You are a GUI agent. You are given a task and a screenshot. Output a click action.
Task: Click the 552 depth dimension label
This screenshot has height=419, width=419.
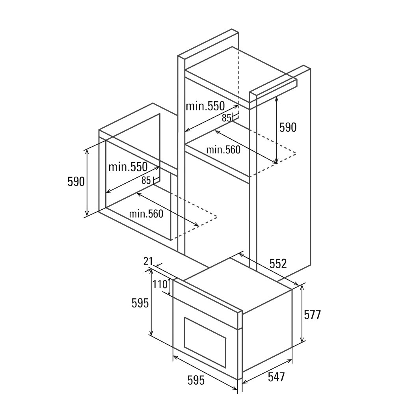[x=278, y=263]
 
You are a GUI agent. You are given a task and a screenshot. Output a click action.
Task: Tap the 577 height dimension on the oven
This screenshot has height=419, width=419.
[x=312, y=315]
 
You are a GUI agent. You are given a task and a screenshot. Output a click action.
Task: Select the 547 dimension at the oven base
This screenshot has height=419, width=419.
[x=276, y=377]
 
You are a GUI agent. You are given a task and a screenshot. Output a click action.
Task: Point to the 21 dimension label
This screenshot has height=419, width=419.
[x=148, y=261]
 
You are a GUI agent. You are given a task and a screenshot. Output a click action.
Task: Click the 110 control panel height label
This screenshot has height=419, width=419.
[x=160, y=284]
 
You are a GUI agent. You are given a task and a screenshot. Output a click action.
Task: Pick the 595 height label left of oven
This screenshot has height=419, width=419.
[x=140, y=303]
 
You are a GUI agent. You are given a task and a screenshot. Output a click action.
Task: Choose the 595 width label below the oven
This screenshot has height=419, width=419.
[x=196, y=380]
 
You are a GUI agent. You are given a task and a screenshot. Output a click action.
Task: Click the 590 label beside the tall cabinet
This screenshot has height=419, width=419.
[x=288, y=127]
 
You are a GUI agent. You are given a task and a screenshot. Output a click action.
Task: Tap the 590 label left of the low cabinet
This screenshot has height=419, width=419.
[x=76, y=182]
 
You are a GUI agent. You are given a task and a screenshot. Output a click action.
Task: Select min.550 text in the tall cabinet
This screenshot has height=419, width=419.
[x=205, y=106]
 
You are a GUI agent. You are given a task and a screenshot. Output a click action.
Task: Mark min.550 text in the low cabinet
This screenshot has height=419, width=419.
[x=128, y=167]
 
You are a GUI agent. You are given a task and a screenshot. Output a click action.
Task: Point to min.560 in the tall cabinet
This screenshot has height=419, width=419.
[x=223, y=150]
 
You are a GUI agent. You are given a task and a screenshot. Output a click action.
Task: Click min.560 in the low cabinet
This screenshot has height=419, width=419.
[x=146, y=214]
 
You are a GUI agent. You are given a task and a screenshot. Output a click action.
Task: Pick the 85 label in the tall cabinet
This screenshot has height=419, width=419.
[x=226, y=118]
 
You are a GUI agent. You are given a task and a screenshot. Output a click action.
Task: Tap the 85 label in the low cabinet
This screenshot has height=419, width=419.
[x=146, y=181]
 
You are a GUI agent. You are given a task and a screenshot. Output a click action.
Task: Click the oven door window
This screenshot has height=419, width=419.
[x=205, y=338]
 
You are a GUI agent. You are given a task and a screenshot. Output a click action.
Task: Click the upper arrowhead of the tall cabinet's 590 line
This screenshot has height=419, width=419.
[x=277, y=99]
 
